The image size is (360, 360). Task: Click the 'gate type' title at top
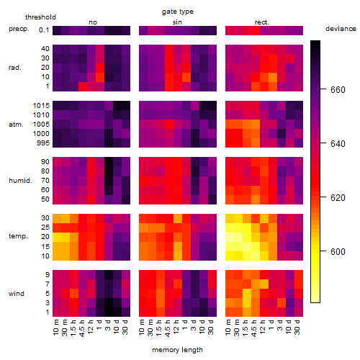[178, 12]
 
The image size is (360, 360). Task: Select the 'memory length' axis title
[177, 350]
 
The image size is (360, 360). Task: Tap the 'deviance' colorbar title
[341, 29]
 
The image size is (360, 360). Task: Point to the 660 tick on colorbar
[323, 89]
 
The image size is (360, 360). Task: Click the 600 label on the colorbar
[338, 251]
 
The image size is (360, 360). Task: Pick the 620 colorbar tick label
[338, 197]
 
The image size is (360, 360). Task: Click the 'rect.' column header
[262, 22]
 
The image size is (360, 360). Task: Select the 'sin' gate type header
[177, 22]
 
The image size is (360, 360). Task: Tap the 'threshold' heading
[40, 17]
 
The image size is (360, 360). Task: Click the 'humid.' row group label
[20, 181]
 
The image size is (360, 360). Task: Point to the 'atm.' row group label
[16, 125]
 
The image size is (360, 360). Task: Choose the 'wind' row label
[17, 294]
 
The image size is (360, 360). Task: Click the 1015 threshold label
[41, 106]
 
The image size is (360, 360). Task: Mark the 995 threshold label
[43, 143]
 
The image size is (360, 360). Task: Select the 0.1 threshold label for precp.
[44, 30]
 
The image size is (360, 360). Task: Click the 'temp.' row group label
[18, 236]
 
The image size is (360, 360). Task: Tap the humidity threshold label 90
[45, 162]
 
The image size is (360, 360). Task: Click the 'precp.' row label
[19, 29]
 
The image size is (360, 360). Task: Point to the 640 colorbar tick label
[338, 143]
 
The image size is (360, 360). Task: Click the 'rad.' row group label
[15, 68]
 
